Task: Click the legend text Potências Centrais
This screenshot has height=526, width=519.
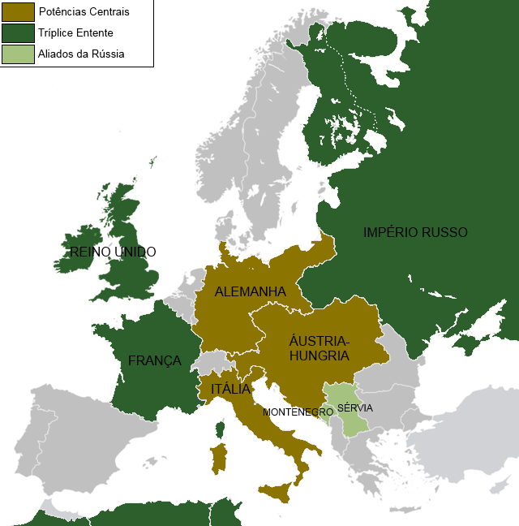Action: point(84,12)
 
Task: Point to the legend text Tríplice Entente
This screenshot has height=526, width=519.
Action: point(76,33)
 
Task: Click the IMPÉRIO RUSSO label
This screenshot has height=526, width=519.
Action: point(415,232)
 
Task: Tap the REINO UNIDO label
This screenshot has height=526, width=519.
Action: point(113,252)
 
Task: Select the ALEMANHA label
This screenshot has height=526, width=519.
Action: point(251,291)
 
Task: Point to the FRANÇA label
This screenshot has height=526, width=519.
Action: point(154,360)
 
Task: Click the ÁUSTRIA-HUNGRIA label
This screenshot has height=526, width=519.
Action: point(319,348)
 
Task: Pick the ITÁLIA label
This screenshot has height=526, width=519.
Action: point(230,390)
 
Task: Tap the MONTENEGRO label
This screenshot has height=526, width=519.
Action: point(298,412)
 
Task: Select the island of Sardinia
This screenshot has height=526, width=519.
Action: point(217,458)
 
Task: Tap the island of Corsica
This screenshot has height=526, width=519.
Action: point(220,428)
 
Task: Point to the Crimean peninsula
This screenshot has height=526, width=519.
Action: point(464,342)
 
